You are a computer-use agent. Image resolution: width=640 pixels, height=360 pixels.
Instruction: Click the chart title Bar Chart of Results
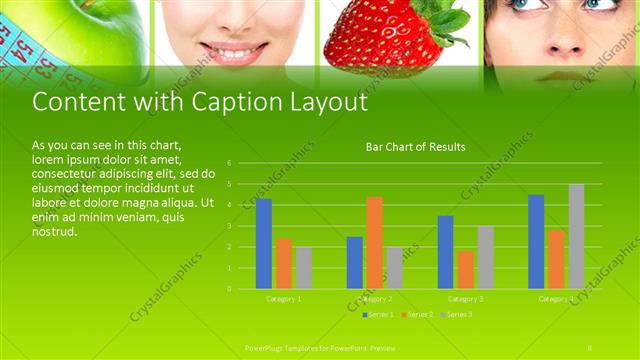pos(415,147)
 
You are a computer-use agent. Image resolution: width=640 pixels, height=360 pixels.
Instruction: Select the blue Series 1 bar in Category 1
pos(264,243)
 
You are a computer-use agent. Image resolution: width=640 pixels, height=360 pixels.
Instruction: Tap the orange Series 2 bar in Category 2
pos(375,242)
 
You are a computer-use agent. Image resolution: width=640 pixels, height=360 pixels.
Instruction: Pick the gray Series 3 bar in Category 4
pos(576,236)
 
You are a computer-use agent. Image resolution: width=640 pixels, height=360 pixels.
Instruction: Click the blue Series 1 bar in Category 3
pos(445,252)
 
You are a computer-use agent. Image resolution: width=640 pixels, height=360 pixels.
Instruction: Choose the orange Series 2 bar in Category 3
pos(465,269)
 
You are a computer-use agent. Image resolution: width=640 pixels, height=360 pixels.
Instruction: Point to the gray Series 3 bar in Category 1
pos(304,267)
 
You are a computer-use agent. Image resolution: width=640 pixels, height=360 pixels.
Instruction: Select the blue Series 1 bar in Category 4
pos(536,241)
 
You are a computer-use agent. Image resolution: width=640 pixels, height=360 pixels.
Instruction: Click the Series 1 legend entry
pos(376,314)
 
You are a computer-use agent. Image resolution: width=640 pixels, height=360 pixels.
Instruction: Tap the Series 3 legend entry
pos(456,314)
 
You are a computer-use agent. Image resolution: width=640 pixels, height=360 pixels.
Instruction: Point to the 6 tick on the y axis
pos(230,163)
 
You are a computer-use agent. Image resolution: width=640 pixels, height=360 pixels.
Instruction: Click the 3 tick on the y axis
pos(230,226)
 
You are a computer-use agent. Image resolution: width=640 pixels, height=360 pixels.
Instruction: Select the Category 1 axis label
pos(284,299)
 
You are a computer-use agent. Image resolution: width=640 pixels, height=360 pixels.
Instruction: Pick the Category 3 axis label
pos(465,299)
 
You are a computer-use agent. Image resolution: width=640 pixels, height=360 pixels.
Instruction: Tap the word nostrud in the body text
pos(54,231)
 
